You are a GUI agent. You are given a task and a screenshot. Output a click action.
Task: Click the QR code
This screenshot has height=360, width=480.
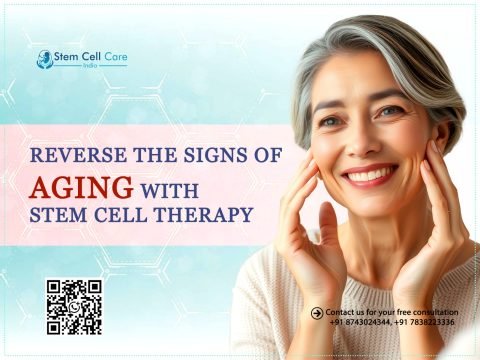[x=74, y=306]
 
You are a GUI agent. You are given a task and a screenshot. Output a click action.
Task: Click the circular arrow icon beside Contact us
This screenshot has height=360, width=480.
[x=317, y=312]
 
